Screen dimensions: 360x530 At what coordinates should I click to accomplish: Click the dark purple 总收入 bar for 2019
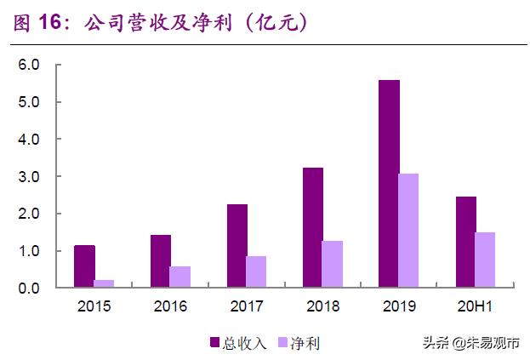(390, 184)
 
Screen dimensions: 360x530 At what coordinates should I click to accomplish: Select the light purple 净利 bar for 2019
(409, 231)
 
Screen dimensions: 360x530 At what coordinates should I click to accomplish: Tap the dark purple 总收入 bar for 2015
(84, 266)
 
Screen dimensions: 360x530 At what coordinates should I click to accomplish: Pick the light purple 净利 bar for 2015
(105, 283)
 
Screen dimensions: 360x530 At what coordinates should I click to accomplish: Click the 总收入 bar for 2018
(313, 227)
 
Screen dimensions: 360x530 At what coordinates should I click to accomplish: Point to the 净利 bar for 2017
(256, 271)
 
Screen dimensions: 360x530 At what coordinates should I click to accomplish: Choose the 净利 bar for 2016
(180, 277)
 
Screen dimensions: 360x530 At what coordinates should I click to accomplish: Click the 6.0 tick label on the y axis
(30, 65)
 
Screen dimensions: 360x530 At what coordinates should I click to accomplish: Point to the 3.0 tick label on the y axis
(30, 176)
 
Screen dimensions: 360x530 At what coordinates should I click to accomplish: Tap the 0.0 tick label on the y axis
(30, 289)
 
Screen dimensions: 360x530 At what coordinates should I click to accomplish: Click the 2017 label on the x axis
(247, 306)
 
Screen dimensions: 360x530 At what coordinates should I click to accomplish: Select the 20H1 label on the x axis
(475, 306)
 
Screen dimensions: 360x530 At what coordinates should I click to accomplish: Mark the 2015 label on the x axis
(94, 306)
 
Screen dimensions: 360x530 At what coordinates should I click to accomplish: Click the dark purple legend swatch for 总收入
(215, 342)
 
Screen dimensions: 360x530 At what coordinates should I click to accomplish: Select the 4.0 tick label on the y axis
(30, 139)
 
